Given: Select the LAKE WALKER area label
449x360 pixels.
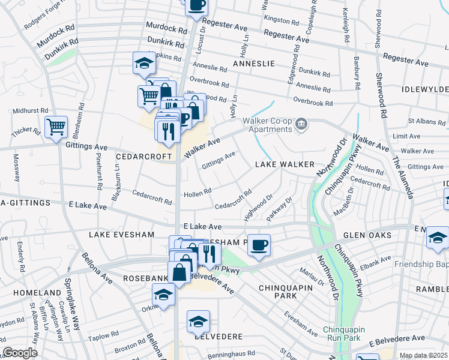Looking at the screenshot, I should [285, 164].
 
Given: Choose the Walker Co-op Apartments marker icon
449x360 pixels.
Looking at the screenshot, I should [301, 125].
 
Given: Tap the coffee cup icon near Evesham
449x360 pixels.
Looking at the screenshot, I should [259, 245].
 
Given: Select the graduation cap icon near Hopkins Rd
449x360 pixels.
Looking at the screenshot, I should [144, 62].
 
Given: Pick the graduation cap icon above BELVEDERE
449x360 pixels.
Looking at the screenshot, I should [198, 322].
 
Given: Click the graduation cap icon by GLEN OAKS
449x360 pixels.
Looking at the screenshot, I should [438, 237].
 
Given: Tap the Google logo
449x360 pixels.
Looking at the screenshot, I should [20, 353].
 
